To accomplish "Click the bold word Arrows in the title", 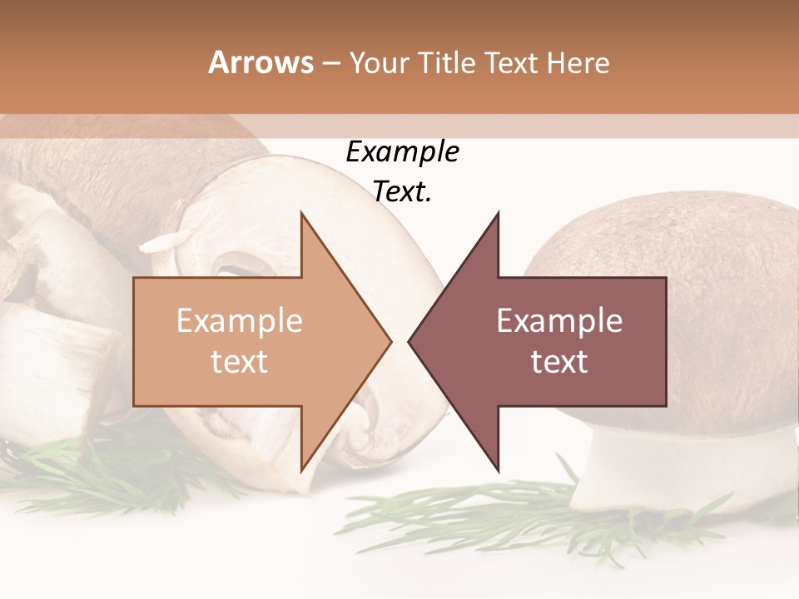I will [261, 62].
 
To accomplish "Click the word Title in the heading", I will [449, 62].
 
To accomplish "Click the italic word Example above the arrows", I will [402, 152].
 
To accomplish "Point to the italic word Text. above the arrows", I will [402, 192].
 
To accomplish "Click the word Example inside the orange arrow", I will [240, 321].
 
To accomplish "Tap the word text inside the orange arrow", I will [240, 362].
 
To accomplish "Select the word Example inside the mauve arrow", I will [559, 321].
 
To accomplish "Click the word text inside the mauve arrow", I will [559, 362].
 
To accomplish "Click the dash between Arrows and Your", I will [331, 64].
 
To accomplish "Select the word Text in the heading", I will [510, 62].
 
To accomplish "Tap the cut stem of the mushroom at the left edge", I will [50, 366].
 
